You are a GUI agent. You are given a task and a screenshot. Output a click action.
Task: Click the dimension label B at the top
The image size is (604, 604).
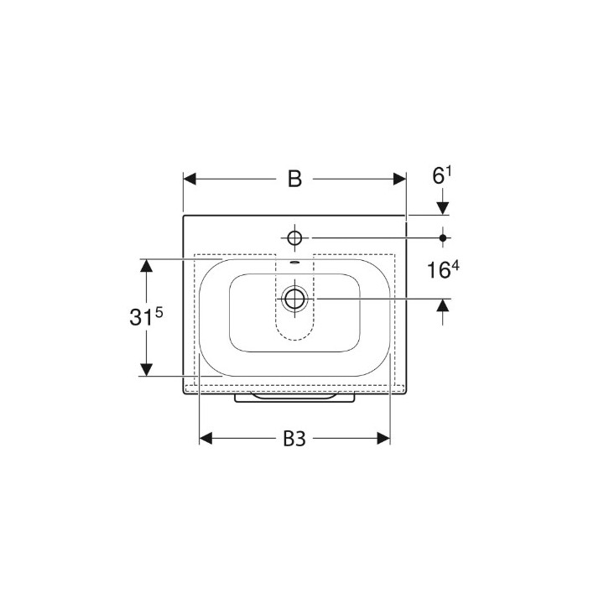(x=294, y=180)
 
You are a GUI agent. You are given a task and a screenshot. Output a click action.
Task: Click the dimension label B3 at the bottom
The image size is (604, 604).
(x=294, y=439)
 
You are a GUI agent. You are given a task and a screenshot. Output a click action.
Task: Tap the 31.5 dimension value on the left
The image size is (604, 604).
(x=146, y=317)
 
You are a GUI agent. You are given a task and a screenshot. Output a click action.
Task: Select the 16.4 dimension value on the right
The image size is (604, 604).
(x=443, y=269)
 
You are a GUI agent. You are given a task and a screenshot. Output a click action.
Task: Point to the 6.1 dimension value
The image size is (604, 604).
(x=442, y=176)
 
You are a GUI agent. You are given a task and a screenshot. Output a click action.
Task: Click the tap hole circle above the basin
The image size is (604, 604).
(x=294, y=238)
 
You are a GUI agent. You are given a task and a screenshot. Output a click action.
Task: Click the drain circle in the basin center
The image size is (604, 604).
(x=294, y=299)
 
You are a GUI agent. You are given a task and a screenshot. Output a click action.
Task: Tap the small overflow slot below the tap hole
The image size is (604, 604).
(x=294, y=263)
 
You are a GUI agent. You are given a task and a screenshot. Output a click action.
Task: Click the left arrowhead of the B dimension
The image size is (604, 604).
(x=190, y=180)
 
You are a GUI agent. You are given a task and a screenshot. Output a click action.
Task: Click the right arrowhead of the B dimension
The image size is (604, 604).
(x=399, y=180)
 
